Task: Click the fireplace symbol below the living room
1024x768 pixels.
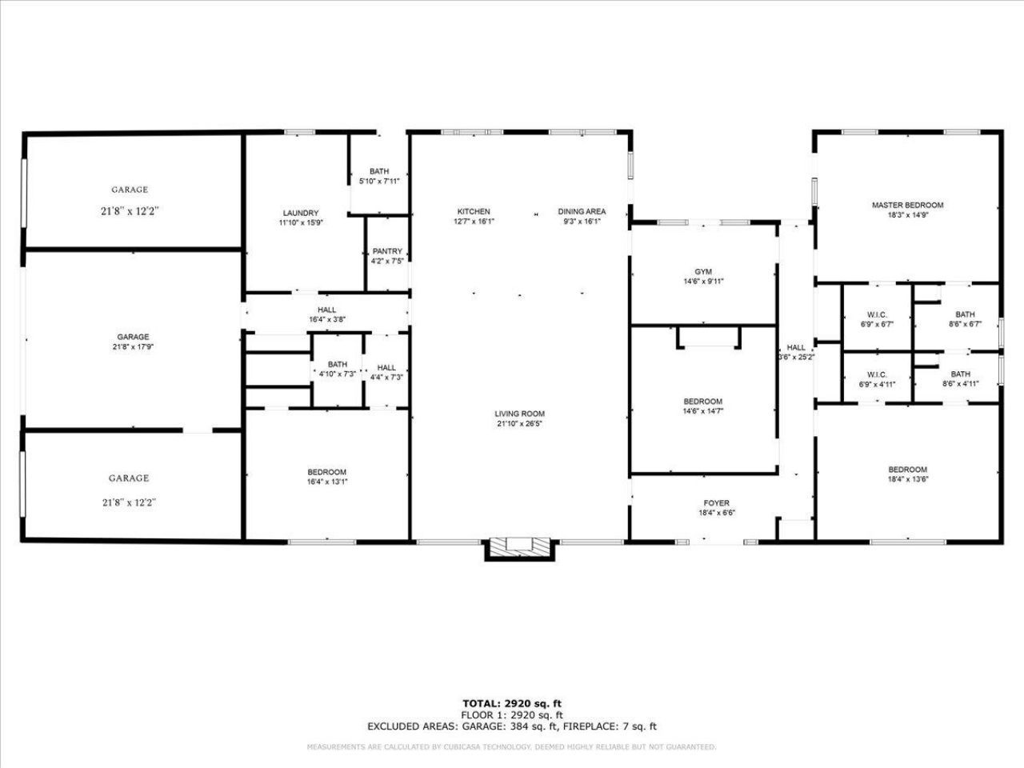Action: pos(519,548)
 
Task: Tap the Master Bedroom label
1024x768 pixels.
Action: pos(907,205)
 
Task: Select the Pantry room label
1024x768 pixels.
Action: pos(387,251)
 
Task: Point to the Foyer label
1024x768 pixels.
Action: pos(716,503)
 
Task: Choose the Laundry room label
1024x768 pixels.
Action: pos(301,213)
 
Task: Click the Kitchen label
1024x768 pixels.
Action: pos(474,211)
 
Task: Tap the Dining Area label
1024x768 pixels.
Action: pos(582,211)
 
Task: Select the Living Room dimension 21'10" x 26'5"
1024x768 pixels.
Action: pos(519,424)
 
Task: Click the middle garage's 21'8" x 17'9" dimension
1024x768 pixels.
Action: pos(133,347)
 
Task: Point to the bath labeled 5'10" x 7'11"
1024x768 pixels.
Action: pos(379,176)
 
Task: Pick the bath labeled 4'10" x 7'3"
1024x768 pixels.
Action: pos(337,369)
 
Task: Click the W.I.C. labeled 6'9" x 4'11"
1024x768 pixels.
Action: pos(877,379)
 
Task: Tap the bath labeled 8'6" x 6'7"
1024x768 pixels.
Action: pos(965,319)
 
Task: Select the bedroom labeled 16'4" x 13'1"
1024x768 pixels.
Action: pos(327,477)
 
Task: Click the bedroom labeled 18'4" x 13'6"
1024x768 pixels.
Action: pos(907,474)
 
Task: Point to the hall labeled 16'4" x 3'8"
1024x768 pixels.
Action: pos(326,314)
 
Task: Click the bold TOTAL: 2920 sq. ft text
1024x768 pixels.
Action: pos(512,703)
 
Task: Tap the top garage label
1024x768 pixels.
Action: pos(130,190)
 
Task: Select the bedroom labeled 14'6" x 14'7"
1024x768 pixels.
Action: pos(703,406)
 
